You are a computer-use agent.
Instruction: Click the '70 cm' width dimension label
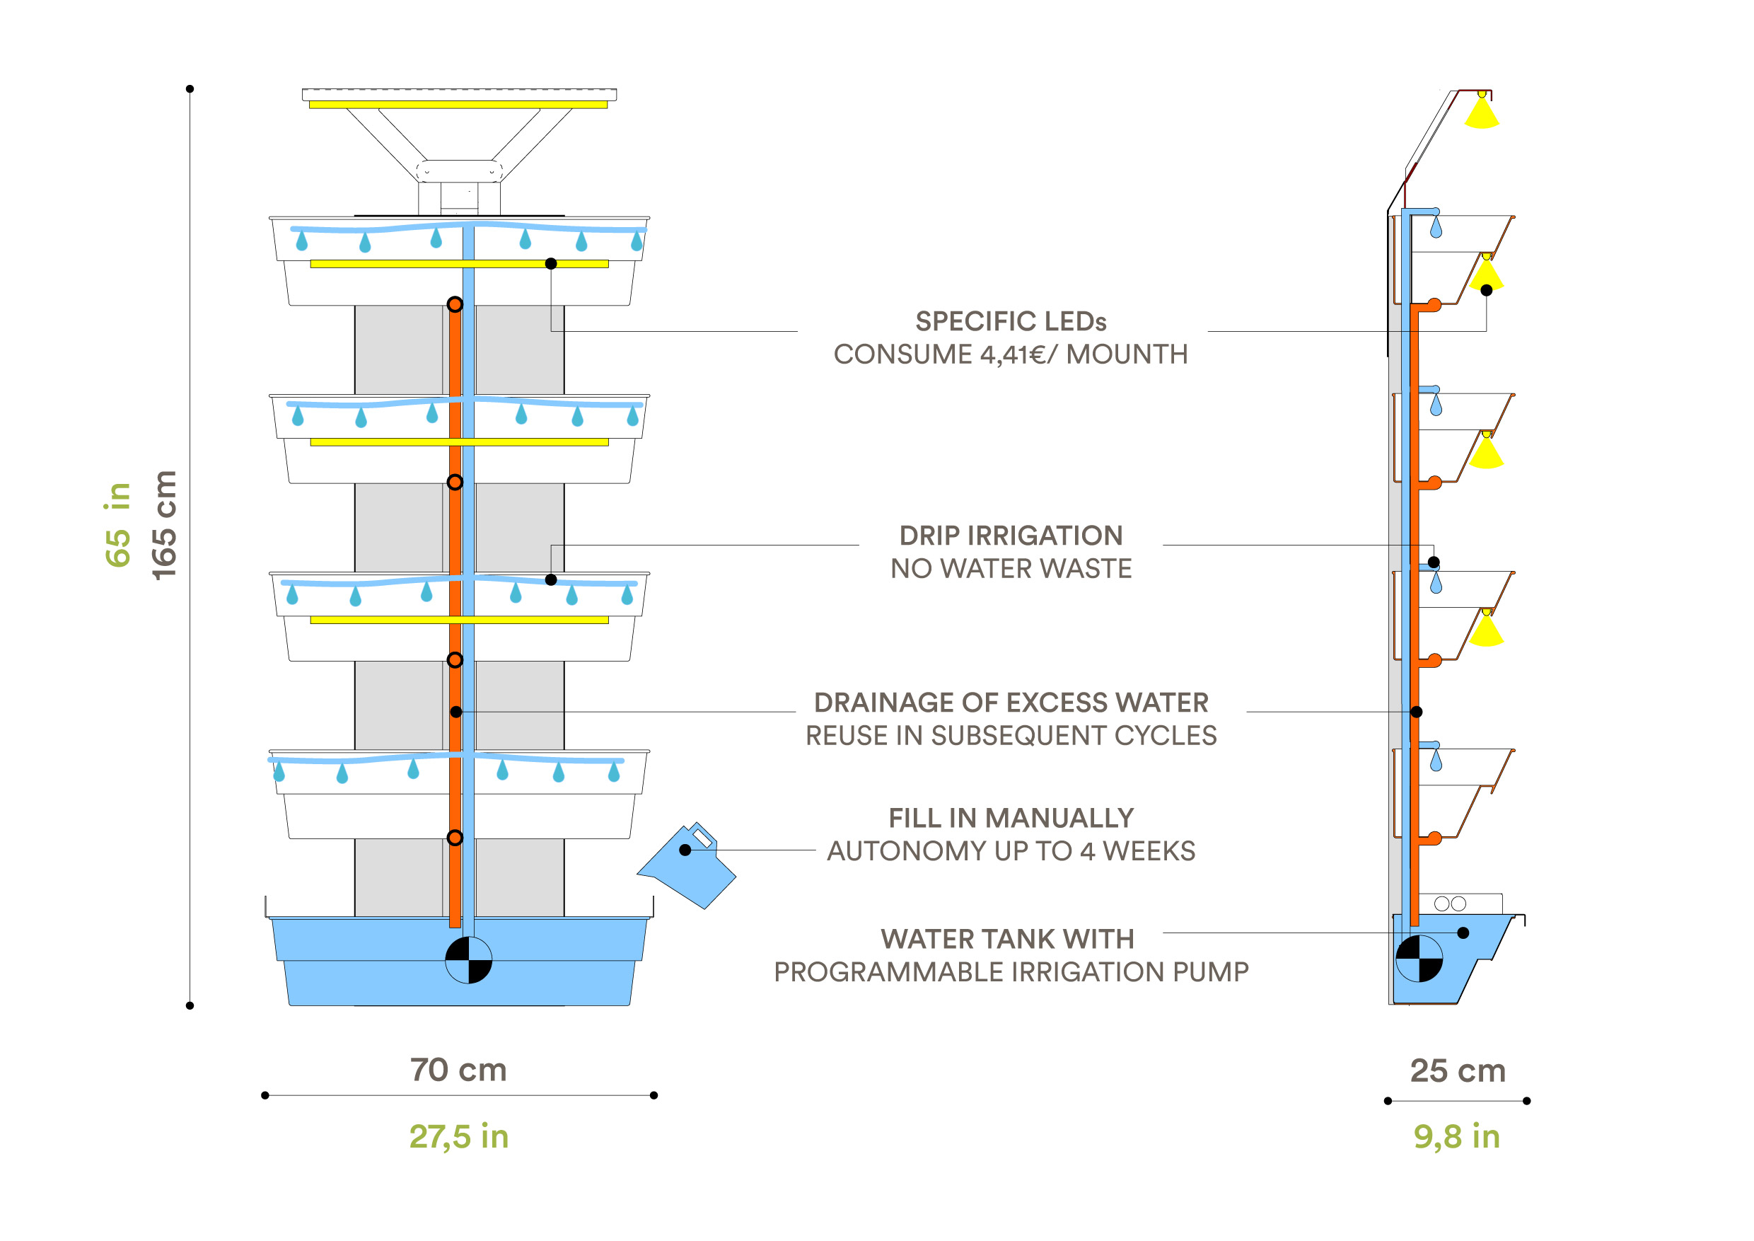point(458,1070)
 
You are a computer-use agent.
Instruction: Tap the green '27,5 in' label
point(458,1136)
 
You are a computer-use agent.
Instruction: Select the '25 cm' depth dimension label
point(1458,1070)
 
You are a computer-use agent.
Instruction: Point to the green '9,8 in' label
point(1456,1136)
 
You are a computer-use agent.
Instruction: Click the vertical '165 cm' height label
point(164,525)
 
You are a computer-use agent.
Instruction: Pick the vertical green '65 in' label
point(118,525)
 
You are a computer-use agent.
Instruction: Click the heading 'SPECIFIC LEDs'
point(1011,322)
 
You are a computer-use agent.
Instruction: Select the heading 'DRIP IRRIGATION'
point(1011,536)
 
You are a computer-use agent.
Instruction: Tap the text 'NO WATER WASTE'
point(1011,569)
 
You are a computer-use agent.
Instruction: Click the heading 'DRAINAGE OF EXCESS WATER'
point(1011,703)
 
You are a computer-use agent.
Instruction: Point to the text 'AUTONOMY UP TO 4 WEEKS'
point(1011,850)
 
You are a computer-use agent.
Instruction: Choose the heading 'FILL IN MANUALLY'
point(1011,818)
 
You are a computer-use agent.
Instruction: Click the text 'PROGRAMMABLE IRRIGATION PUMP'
point(1011,971)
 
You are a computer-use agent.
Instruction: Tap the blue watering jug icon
point(687,867)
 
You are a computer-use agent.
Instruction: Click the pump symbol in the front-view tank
point(468,960)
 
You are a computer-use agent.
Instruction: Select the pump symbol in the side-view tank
point(1419,958)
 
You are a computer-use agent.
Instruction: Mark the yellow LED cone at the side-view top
point(1481,112)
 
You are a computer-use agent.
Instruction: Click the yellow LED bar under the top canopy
point(458,105)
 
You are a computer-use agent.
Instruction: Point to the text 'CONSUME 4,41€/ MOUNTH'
point(1011,354)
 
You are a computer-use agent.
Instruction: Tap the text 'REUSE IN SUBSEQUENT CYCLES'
point(1011,735)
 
